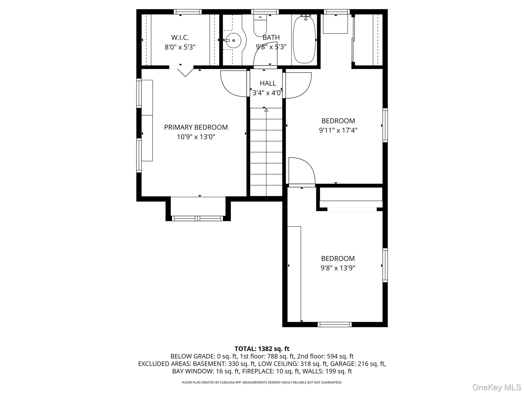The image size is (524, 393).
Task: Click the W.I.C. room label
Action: click(x=180, y=38)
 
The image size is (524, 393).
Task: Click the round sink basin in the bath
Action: click(x=233, y=40)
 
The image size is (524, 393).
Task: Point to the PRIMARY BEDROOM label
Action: click(x=196, y=127)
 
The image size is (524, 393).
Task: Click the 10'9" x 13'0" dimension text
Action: click(x=196, y=137)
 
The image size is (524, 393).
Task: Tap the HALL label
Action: click(x=268, y=83)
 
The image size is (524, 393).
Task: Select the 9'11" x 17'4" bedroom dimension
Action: click(x=338, y=130)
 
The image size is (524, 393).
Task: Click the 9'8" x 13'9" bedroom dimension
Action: click(x=338, y=268)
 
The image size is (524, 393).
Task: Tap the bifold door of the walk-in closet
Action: click(x=185, y=71)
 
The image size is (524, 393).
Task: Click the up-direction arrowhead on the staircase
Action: click(x=266, y=110)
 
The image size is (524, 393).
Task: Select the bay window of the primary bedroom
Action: click(x=197, y=218)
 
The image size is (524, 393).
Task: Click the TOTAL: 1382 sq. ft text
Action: click(x=262, y=349)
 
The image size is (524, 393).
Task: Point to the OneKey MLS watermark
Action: click(x=496, y=387)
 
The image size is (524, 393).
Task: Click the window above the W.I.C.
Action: click(x=188, y=12)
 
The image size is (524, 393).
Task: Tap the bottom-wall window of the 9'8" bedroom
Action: click(x=334, y=324)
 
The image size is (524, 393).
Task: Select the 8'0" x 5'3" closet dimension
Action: click(x=180, y=47)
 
